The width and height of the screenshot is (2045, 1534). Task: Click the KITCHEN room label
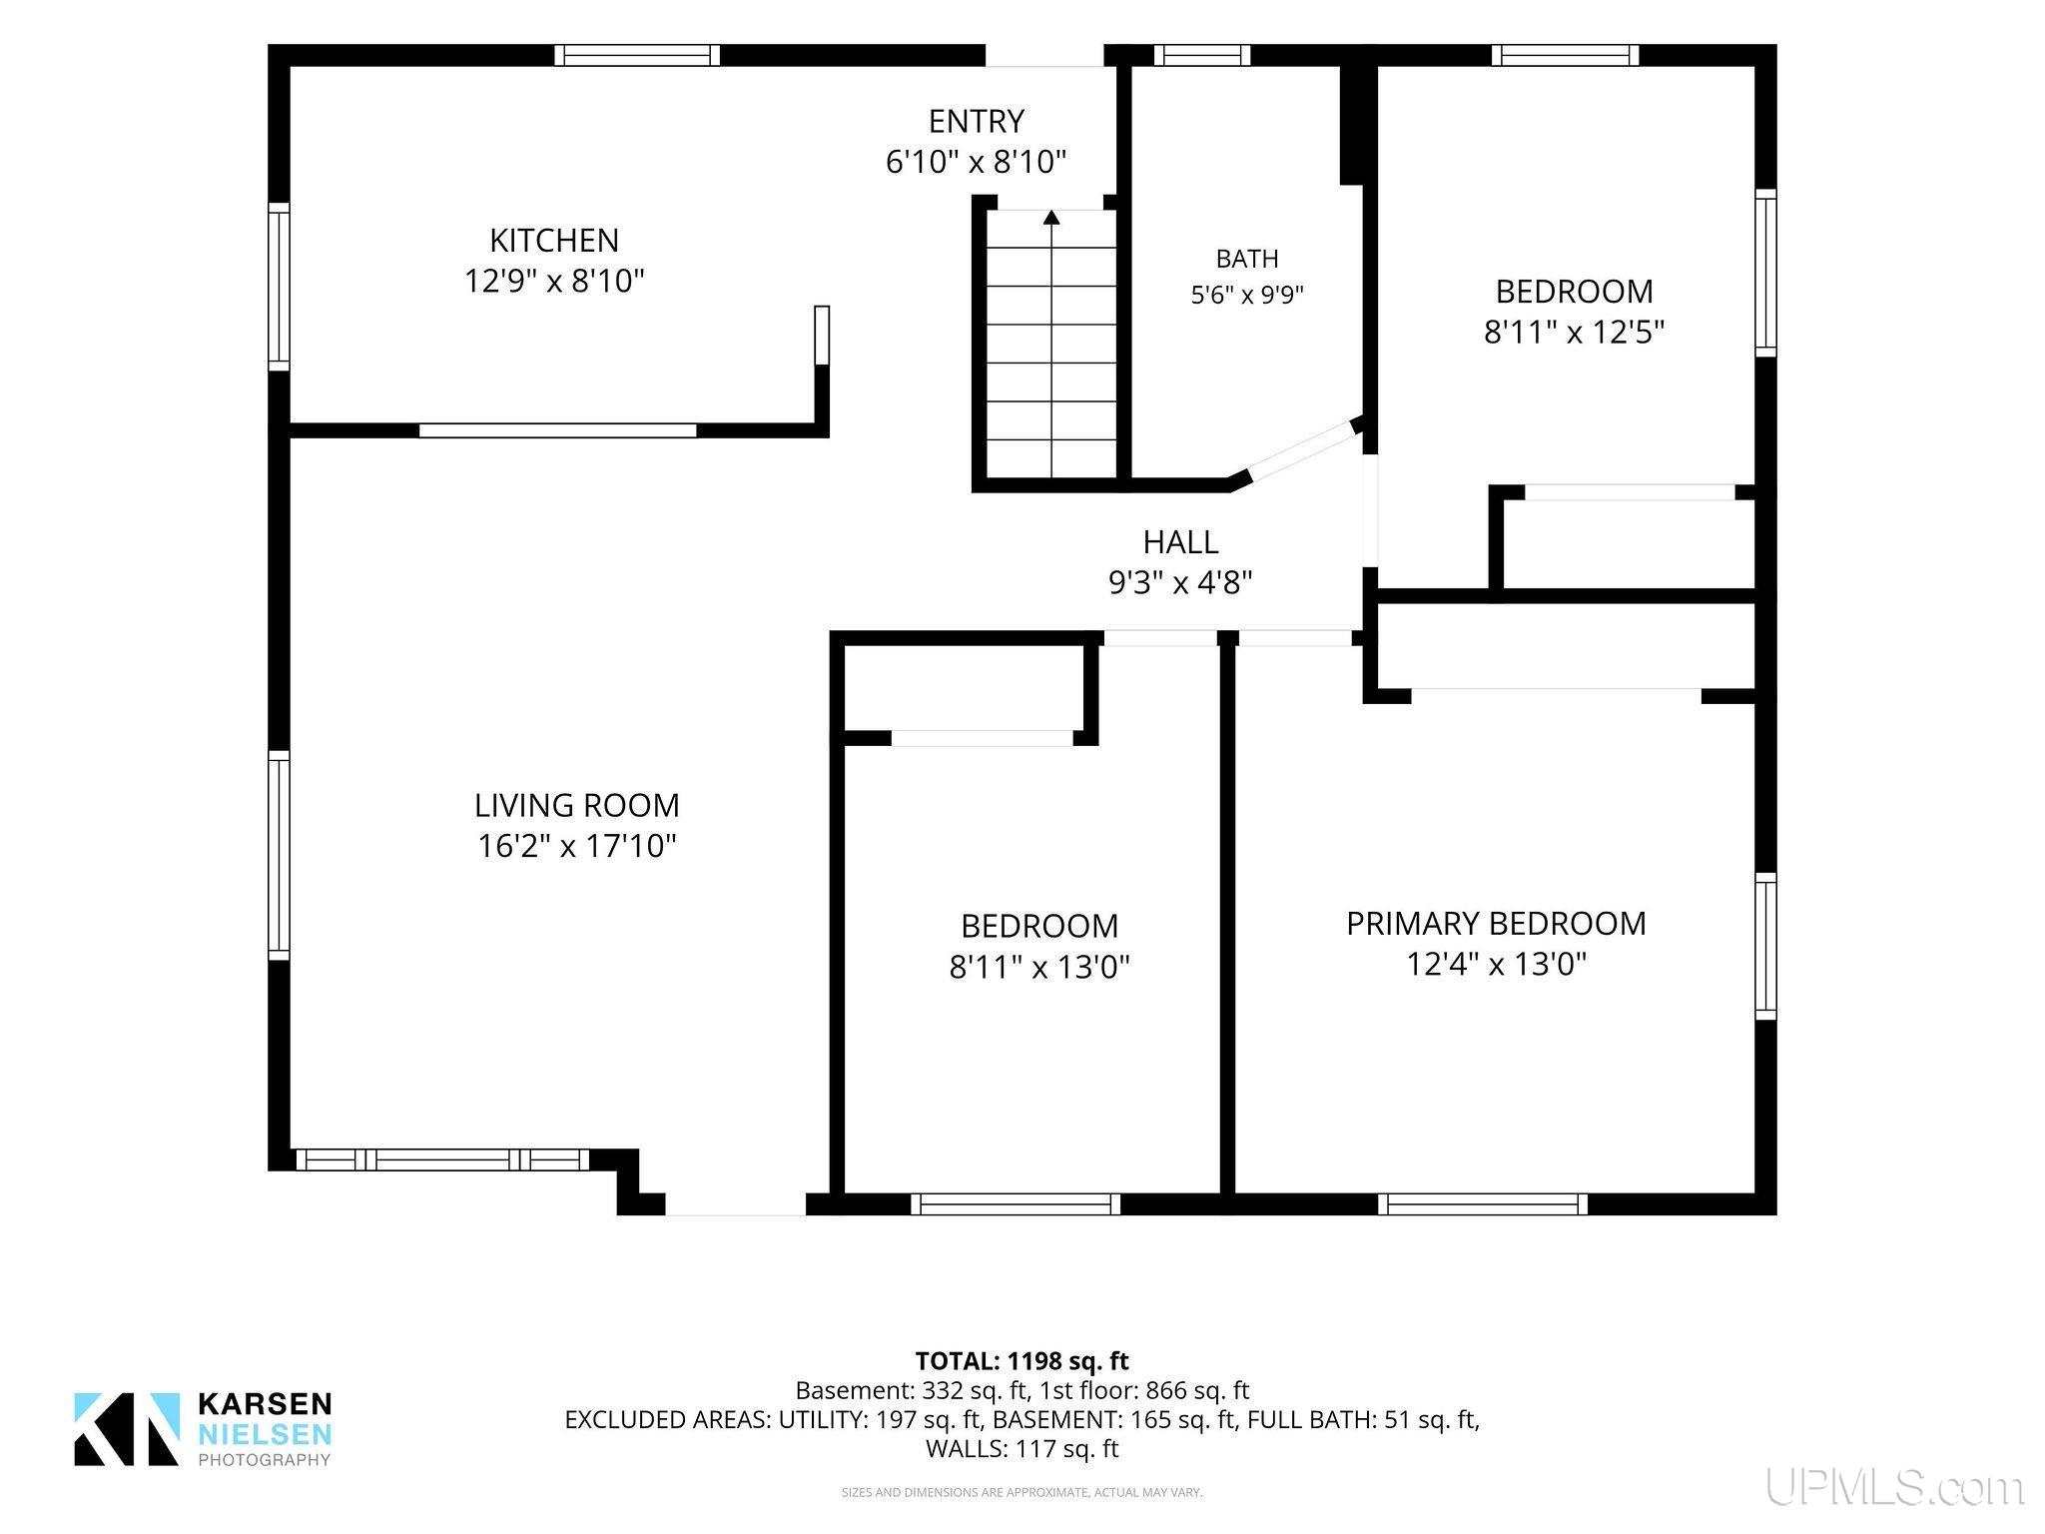pyautogui.click(x=554, y=240)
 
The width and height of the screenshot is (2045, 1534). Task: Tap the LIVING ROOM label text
pyautogui.click(x=576, y=805)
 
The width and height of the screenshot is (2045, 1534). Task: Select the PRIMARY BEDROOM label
pyautogui.click(x=1496, y=924)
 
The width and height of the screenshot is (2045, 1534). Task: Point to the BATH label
pyautogui.click(x=1247, y=259)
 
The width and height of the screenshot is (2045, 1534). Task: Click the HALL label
pyautogui.click(x=1180, y=542)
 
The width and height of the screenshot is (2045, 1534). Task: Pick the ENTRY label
pyautogui.click(x=976, y=121)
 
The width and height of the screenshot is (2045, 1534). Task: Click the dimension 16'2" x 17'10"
pyautogui.click(x=576, y=846)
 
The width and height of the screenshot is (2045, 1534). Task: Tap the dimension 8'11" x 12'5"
pyautogui.click(x=1574, y=332)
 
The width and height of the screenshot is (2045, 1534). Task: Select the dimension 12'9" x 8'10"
pyautogui.click(x=554, y=281)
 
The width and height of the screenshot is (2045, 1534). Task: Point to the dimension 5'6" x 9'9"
pyautogui.click(x=1247, y=296)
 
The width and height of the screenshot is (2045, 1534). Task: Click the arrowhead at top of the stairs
pyautogui.click(x=1051, y=216)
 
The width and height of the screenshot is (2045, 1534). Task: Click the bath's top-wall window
pyautogui.click(x=1202, y=55)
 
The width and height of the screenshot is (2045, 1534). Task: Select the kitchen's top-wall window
pyautogui.click(x=637, y=55)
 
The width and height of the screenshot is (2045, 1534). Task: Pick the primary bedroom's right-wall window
pyautogui.click(x=1765, y=946)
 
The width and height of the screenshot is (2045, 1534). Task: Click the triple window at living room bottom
pyautogui.click(x=442, y=1159)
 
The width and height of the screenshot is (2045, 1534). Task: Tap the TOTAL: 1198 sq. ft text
pyautogui.click(x=1022, y=1360)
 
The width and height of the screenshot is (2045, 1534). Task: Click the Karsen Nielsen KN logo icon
pyautogui.click(x=127, y=1429)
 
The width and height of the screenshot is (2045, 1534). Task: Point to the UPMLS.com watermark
pyautogui.click(x=1895, y=1487)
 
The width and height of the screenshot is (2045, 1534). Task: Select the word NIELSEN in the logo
pyautogui.click(x=265, y=1435)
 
